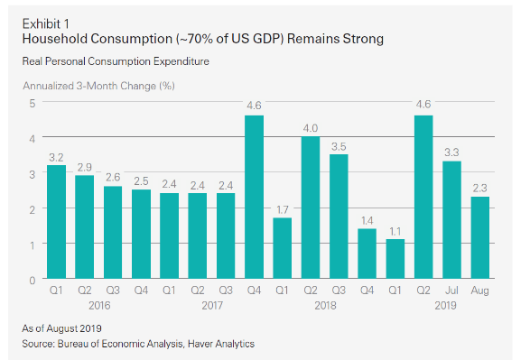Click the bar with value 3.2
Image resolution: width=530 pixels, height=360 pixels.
point(55,223)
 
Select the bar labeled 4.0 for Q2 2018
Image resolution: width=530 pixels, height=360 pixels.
point(310,208)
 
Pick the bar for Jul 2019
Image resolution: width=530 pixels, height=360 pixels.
point(452,221)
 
